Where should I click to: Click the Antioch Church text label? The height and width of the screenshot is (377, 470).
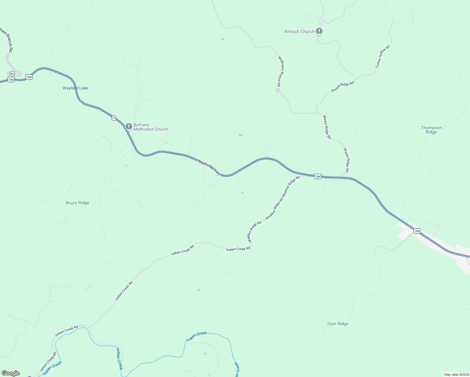coord(299,31)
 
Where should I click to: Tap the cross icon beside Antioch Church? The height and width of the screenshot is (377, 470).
coord(319,31)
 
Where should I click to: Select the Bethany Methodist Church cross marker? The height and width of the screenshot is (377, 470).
coord(128,126)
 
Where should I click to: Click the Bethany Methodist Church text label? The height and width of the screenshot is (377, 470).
coord(151,127)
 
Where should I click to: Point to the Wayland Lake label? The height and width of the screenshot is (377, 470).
coord(75,88)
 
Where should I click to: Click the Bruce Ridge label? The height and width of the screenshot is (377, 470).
coord(77,203)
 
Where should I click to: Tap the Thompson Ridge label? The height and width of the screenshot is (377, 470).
coord(431,130)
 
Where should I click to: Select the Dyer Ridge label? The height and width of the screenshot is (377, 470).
coord(338,324)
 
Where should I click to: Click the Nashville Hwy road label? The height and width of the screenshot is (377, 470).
coord(209,167)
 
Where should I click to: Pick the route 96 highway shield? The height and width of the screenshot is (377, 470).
coord(12,74)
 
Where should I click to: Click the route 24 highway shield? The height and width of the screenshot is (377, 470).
coord(114,118)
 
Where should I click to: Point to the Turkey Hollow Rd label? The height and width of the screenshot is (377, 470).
coord(383,57)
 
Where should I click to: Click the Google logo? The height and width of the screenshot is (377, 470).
coord(11,373)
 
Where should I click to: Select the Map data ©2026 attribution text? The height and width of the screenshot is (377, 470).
coord(456,374)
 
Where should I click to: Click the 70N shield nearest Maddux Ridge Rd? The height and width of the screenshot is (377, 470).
coord(318,177)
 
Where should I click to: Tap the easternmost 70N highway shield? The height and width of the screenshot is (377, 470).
coord(417,231)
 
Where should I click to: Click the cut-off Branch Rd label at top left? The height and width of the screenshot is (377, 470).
coord(6,39)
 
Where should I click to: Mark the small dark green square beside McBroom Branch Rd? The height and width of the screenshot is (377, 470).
coord(278,90)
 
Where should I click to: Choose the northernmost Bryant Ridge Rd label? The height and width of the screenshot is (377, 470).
coord(342,87)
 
